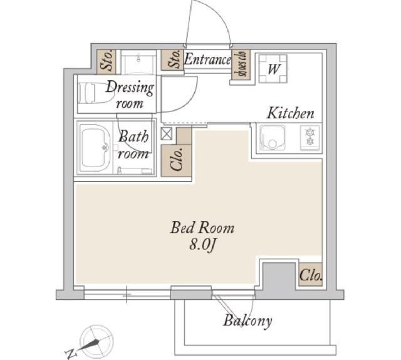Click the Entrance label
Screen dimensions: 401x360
tap(207, 59)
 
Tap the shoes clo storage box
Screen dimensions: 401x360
tap(241, 65)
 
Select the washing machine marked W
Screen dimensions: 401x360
tap(273, 68)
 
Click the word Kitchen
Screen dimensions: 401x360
tap(290, 113)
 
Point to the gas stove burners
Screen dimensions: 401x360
tap(310, 136)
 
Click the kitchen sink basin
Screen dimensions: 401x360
tap(272, 138)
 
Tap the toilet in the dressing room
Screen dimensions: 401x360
tap(95, 93)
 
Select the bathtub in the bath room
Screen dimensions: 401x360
tap(95, 148)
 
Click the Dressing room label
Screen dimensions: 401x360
tap(130, 95)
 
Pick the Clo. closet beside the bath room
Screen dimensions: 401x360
tap(176, 160)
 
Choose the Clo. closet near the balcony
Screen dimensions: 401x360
tap(311, 275)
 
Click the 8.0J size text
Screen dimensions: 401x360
tap(202, 245)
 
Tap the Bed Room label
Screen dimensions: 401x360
tap(202, 227)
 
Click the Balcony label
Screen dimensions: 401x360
tap(247, 321)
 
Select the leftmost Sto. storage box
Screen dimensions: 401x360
tap(106, 62)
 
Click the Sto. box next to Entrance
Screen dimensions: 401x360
tap(172, 59)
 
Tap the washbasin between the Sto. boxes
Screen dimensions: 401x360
tap(138, 62)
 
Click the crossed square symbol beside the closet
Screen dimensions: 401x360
tap(167, 133)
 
